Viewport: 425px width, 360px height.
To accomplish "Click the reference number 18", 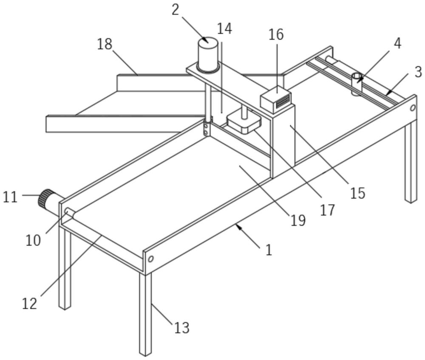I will pos(105,44).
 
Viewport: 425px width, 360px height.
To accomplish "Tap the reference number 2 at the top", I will pos(176,9).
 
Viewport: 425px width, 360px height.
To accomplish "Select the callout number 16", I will pos(276,34).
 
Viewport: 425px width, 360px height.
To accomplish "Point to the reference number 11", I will pos(10,197).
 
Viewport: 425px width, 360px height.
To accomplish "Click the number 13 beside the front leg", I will pos(181,328).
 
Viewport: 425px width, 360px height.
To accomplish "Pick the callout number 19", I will pos(298,220).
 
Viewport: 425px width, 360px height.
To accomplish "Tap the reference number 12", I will pos(30,303).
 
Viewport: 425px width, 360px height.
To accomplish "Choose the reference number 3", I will pos(418,72).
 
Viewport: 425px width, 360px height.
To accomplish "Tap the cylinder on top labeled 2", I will pos(208,55).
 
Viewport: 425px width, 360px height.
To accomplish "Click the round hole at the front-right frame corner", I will pos(150,259).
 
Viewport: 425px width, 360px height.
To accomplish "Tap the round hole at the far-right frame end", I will pos(412,108).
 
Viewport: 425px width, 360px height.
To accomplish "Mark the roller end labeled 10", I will pos(68,211).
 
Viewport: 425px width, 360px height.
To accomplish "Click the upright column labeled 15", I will pos(283,140).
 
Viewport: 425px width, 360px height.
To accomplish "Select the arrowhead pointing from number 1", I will pos(238,227).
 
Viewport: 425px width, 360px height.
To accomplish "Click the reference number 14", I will pos(224,29).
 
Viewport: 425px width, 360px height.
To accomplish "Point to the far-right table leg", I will pos(411,161).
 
